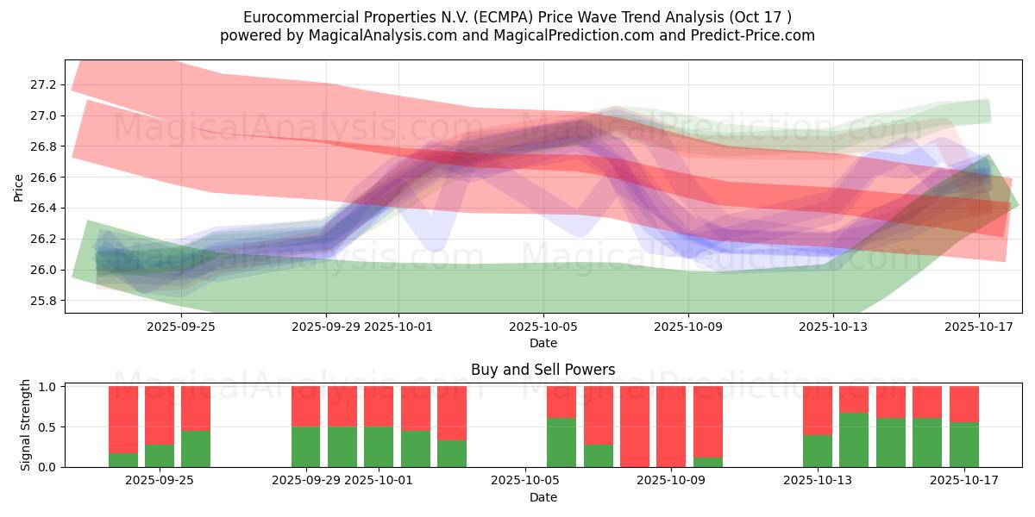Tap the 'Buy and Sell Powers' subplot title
click(x=543, y=370)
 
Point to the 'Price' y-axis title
click(x=19, y=186)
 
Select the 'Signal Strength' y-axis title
click(x=26, y=425)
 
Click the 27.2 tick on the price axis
click(x=43, y=84)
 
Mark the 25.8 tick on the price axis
click(x=43, y=301)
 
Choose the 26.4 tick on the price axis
click(x=43, y=208)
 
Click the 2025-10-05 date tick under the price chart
click(x=543, y=327)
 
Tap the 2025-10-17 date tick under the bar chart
click(x=964, y=480)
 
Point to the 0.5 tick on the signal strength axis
click(x=49, y=427)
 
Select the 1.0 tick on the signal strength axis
click(x=49, y=387)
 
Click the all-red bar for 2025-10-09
click(x=671, y=427)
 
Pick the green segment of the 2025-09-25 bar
click(x=196, y=448)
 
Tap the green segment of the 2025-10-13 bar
click(x=818, y=451)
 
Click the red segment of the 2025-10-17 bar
click(x=964, y=404)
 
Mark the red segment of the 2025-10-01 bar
click(x=379, y=407)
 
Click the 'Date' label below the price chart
click(x=543, y=343)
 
